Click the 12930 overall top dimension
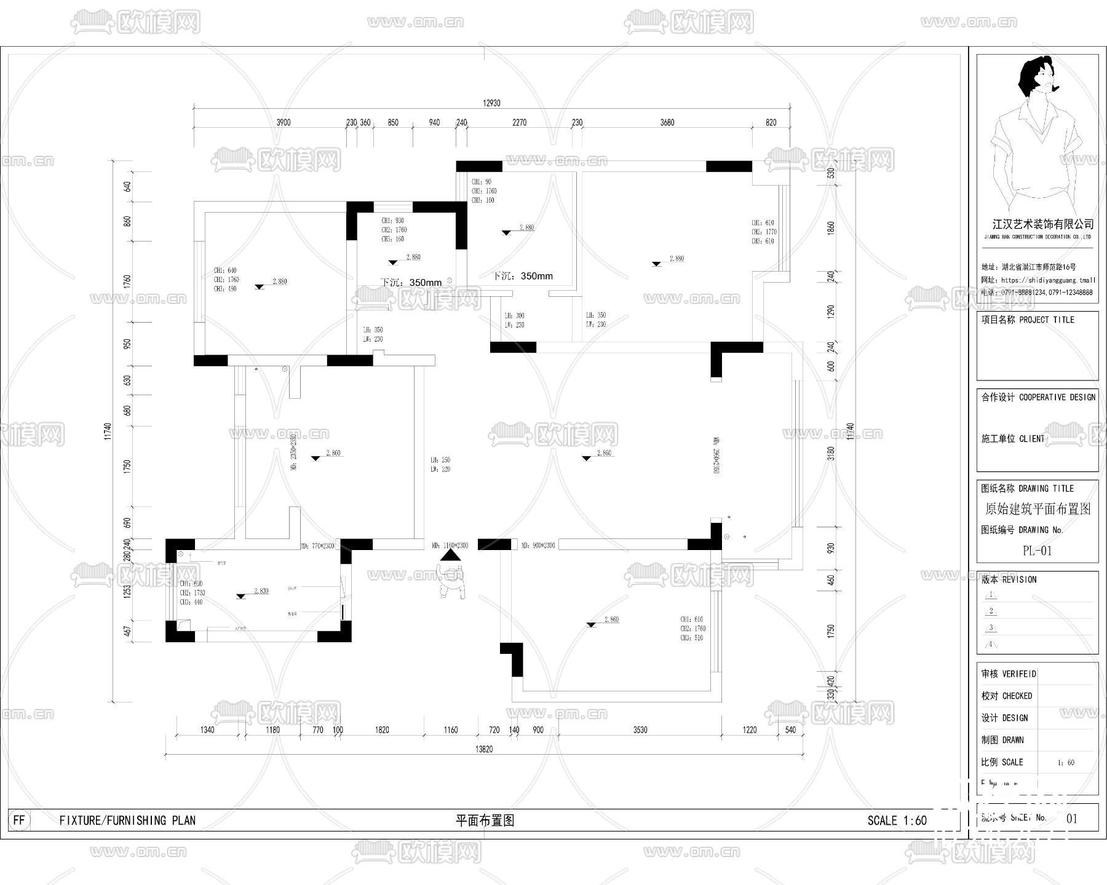pyautogui.click(x=491, y=103)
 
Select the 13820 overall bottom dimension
pyautogui.click(x=484, y=749)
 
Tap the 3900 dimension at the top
pyautogui.click(x=283, y=122)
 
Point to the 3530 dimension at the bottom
pyautogui.click(x=640, y=730)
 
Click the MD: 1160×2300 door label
pyautogui.click(x=450, y=545)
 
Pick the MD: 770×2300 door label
pyautogui.click(x=317, y=545)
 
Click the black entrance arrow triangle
pyautogui.click(x=451, y=555)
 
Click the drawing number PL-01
pyautogui.click(x=1037, y=551)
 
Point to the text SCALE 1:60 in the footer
pyautogui.click(x=897, y=820)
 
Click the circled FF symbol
pyautogui.click(x=20, y=820)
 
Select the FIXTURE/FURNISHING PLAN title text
pyautogui.click(x=127, y=820)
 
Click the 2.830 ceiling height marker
pyautogui.click(x=261, y=591)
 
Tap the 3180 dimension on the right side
pyautogui.click(x=831, y=454)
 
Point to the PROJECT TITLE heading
pyautogui.click(x=1046, y=320)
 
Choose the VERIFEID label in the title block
pyautogui.click(x=1019, y=674)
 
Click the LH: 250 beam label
pyautogui.click(x=440, y=460)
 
